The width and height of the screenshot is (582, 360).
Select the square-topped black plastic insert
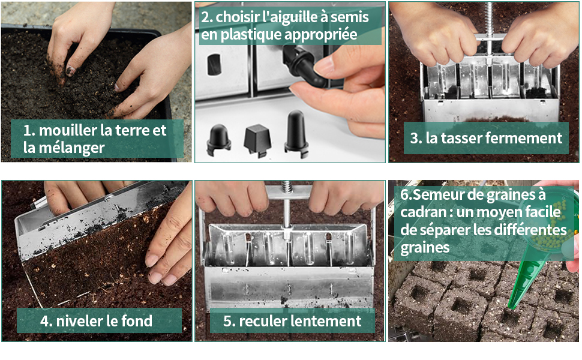257,140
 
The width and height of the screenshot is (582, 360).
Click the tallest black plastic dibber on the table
296,134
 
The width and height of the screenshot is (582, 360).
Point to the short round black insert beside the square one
218,140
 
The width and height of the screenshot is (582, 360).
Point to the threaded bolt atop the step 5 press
286,187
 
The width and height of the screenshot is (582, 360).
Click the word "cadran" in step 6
424,212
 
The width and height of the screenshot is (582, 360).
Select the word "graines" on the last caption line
425,248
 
